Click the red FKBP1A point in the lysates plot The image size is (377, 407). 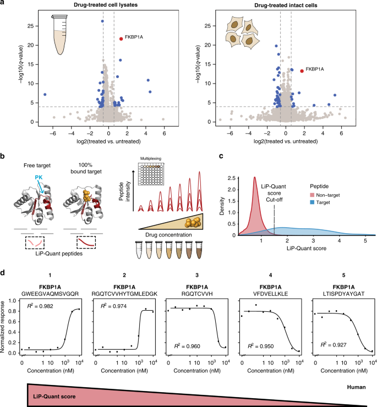click(x=121, y=38)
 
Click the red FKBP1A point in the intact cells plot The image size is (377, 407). click(x=302, y=71)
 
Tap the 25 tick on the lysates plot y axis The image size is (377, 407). click(x=21, y=25)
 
